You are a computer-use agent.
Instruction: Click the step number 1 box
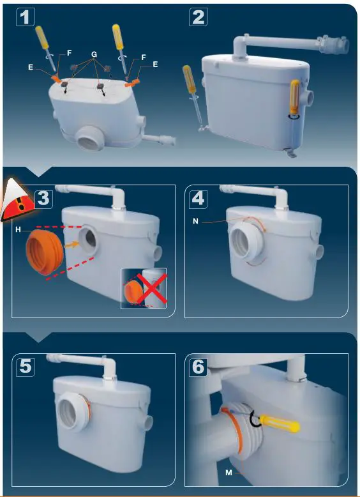[26, 17]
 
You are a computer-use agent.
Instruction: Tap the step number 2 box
[199, 17]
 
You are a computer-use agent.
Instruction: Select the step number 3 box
[43, 199]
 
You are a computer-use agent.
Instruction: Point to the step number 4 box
[199, 199]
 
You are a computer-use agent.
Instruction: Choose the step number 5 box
[26, 367]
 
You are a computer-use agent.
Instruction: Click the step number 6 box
[199, 367]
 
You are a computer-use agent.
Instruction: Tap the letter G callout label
[94, 54]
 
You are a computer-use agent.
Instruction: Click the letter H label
[18, 230]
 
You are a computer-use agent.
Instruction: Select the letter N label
[196, 222]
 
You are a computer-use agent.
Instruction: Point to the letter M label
[229, 473]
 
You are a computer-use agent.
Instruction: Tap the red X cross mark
[151, 289]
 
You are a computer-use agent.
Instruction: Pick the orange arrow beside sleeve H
[71, 245]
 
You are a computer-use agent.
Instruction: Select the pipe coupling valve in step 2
[333, 45]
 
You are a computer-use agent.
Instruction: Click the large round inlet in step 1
[89, 138]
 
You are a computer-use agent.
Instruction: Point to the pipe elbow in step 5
[109, 366]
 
